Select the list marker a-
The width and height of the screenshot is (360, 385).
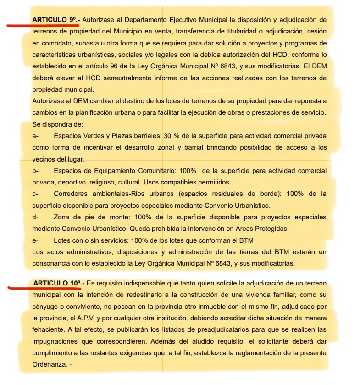point(35,136)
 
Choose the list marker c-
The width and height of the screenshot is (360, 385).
point(35,194)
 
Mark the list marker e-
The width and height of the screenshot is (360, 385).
point(35,240)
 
